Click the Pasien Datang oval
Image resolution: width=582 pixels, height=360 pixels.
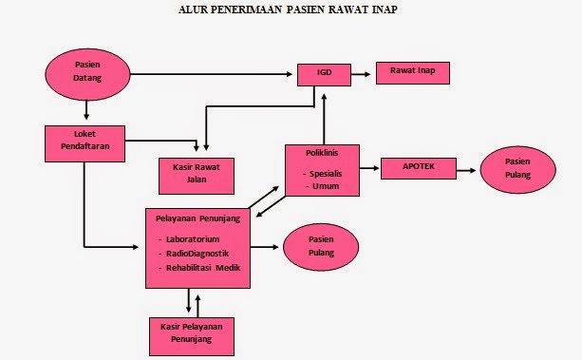click(87, 71)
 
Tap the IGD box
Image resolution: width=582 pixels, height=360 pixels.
click(324, 72)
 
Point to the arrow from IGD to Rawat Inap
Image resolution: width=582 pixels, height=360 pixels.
click(365, 72)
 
